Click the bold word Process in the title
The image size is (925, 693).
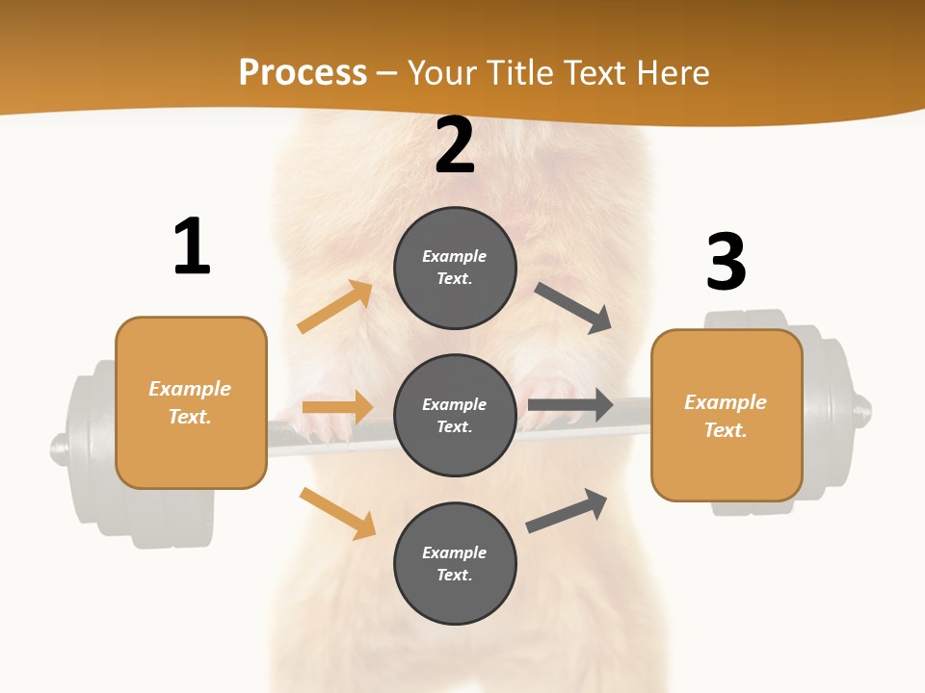coord(303,73)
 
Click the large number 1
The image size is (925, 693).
coord(192,246)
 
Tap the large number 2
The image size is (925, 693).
coord(455,146)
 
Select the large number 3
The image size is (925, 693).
coord(726,262)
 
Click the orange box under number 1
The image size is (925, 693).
coord(191,402)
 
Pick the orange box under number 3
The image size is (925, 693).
coord(727,415)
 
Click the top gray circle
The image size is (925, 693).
coord(455,268)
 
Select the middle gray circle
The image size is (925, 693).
coord(455,415)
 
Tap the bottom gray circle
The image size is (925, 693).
coord(455,563)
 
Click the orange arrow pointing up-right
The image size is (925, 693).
coord(335,307)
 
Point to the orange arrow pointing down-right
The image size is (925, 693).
coord(337,513)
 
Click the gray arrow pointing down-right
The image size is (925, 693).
coord(573,308)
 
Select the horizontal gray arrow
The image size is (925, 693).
coord(570,404)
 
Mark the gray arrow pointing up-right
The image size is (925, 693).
coord(567,510)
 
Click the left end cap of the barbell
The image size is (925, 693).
coord(60,447)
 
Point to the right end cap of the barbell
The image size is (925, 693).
coord(863,411)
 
